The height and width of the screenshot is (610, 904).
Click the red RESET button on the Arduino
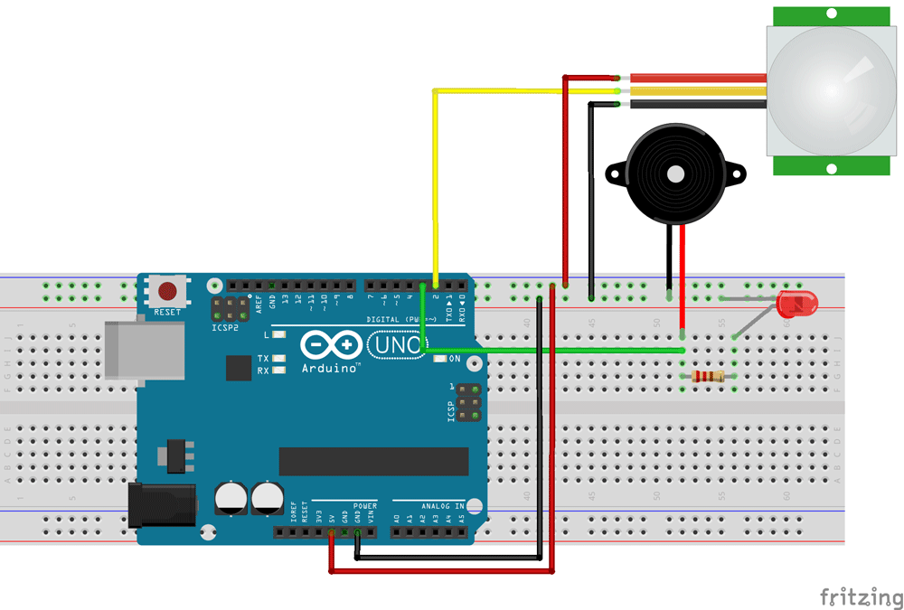tap(167, 292)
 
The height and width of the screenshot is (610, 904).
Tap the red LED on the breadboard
tap(796, 303)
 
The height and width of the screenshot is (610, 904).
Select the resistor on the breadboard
tap(707, 377)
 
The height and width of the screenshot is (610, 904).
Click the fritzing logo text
tap(861, 597)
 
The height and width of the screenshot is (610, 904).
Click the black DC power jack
tap(163, 503)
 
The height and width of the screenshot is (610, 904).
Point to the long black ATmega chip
tap(373, 461)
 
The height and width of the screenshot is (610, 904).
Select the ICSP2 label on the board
tap(225, 327)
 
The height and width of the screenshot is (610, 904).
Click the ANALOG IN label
tap(441, 506)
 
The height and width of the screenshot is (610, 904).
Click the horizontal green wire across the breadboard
tap(560, 350)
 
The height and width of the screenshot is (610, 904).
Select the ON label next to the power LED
tap(455, 359)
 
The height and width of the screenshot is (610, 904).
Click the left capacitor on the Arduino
tap(231, 498)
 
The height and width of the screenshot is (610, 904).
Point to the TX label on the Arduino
tap(262, 359)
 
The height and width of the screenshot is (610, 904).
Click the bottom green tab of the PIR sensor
tap(831, 167)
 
